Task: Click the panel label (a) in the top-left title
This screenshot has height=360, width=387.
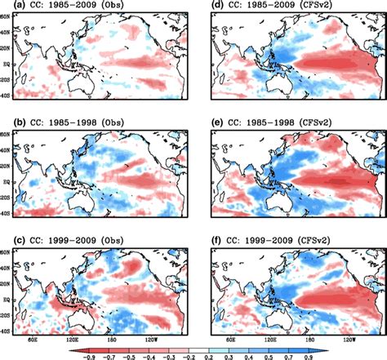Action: pos(11,7)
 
